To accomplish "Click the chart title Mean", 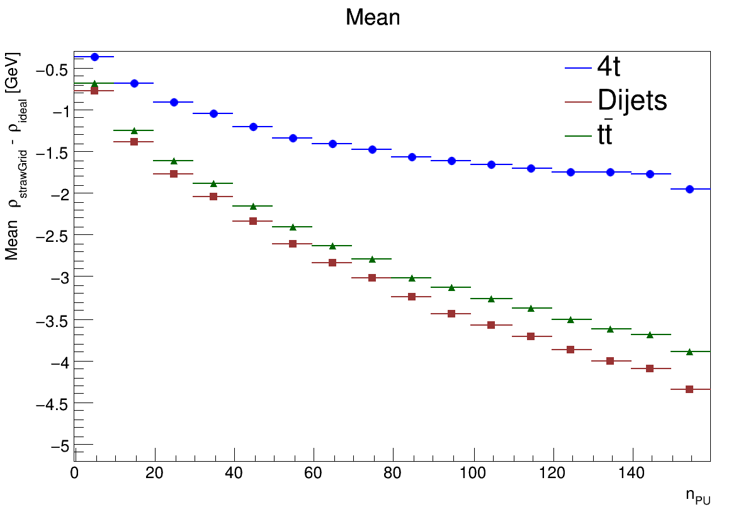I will pos(373,18).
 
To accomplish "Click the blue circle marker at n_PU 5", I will pos(94,57).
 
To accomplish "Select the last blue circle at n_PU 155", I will pos(689,189).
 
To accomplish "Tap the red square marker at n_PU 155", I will pos(689,389).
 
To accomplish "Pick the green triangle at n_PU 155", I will pos(689,351).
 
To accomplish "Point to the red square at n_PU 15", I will pos(134,142).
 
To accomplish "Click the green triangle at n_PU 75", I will pos(372,259).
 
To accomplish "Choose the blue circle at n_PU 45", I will pos(253,127).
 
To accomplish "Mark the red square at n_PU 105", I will pos(491,325).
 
